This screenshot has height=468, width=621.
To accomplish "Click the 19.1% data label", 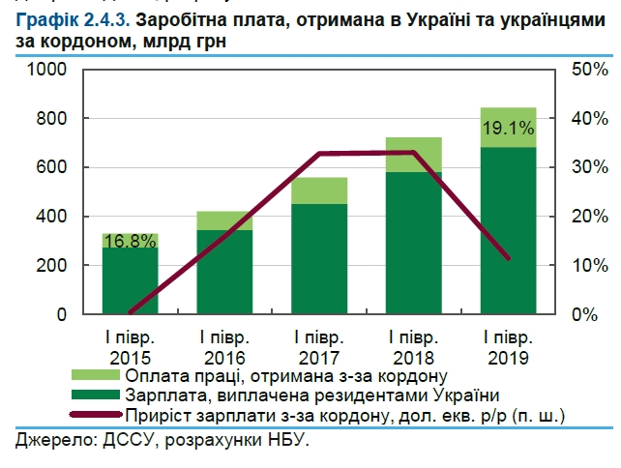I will point(508,126).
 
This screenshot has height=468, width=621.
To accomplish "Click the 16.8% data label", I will point(131,242).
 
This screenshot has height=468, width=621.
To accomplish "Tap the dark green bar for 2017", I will point(319,259).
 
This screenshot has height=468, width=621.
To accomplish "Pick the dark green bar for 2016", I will point(224,273).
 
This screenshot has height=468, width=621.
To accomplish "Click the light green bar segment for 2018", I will point(414,155).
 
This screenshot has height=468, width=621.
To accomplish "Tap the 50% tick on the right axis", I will point(588,70).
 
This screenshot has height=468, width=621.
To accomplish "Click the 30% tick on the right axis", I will point(588,167).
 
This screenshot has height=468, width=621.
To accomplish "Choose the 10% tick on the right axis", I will point(588,266).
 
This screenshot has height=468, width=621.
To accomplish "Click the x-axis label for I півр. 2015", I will point(131,346).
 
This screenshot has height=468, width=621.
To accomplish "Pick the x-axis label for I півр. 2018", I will point(414,346).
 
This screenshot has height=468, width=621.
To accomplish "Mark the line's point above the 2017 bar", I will point(319,154).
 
